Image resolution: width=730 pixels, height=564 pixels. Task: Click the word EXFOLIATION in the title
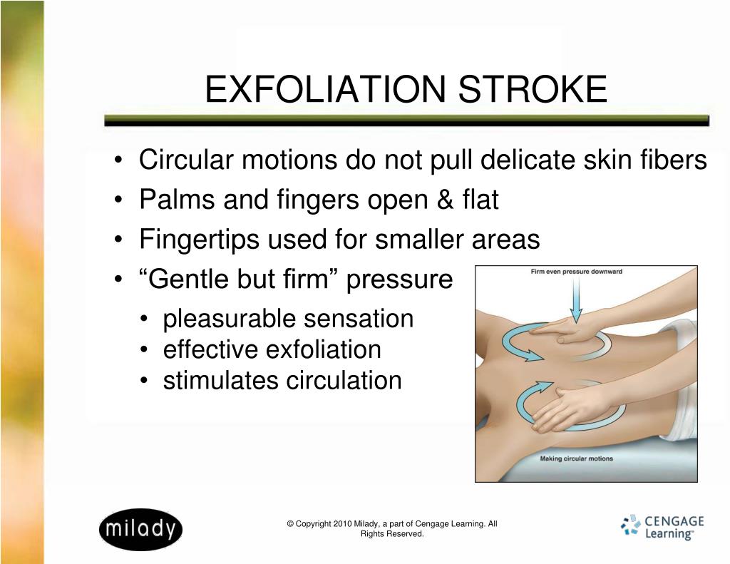coord(325,89)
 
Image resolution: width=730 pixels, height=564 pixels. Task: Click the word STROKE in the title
coord(533,89)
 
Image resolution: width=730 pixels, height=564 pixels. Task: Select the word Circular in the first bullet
coord(186,160)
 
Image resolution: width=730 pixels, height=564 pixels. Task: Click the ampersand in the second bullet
coord(445,200)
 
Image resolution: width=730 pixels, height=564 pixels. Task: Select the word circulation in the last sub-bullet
coord(344,381)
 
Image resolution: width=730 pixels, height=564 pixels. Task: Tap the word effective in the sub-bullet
coord(210,350)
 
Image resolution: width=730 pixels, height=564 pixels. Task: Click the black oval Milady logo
coord(140,530)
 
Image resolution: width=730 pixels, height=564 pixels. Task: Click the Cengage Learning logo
coord(662,527)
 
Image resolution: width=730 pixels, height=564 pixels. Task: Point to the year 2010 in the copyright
coord(342,524)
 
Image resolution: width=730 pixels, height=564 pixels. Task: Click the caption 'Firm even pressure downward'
coord(576,272)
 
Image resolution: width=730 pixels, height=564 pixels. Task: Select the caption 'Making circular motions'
coord(576,458)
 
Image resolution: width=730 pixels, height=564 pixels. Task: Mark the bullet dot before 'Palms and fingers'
coord(118,200)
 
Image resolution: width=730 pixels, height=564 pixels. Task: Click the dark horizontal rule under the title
coord(406,121)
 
